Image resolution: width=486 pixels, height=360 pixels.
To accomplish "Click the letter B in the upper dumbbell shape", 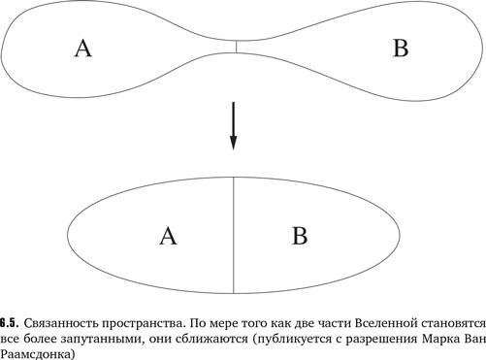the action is [400, 49].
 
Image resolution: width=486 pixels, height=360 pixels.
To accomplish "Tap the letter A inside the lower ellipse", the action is [168, 235].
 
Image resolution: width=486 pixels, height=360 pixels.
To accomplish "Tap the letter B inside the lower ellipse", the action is [300, 235].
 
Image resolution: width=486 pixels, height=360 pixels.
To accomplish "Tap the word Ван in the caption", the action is [472, 337].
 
